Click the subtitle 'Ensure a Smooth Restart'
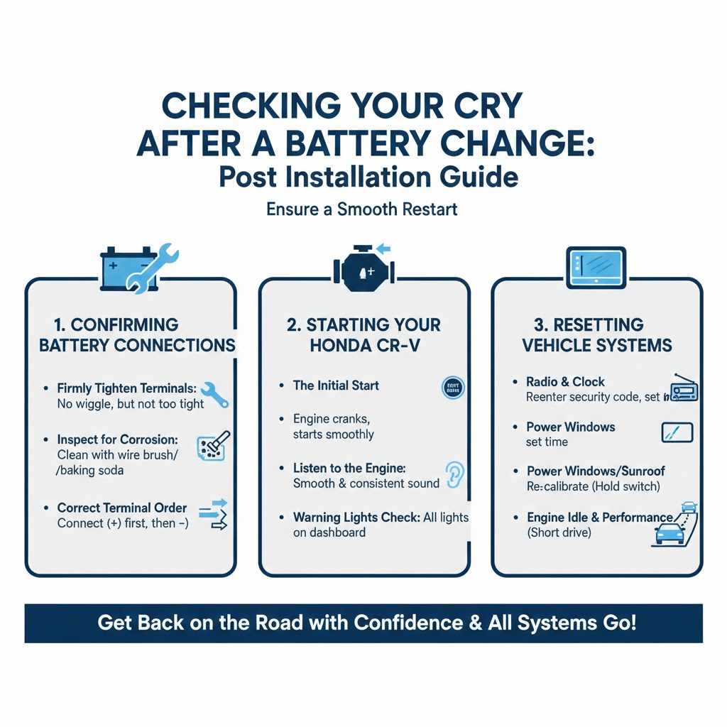pyautogui.click(x=362, y=209)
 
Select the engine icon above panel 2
pyautogui.click(x=363, y=270)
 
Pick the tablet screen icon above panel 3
pyautogui.click(x=596, y=268)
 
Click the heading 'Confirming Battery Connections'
pyautogui.click(x=136, y=335)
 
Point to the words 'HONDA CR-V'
pyautogui.click(x=363, y=346)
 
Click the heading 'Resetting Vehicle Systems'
pyautogui.click(x=596, y=335)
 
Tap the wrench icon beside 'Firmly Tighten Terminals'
pyautogui.click(x=215, y=395)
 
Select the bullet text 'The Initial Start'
pyautogui.click(x=336, y=386)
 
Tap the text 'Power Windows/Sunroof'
pyautogui.click(x=596, y=471)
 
